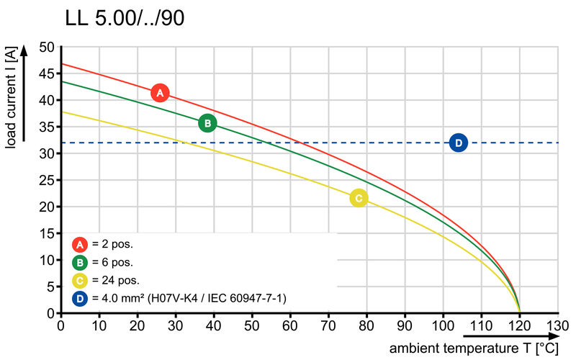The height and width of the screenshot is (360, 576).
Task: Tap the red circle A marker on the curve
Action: [x=160, y=93]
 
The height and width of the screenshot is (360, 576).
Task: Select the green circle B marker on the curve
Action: [x=207, y=123]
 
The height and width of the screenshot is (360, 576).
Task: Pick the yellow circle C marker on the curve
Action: [x=359, y=198]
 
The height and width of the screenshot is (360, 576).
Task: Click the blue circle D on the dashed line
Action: [x=459, y=143]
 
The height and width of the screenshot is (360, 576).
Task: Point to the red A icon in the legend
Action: [x=80, y=244]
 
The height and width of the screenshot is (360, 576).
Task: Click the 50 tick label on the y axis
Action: [x=47, y=48]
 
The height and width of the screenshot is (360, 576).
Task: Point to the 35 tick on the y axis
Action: [x=47, y=127]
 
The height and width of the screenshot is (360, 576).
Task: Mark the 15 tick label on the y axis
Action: [x=47, y=234]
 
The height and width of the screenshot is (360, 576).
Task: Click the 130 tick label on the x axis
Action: [x=558, y=325]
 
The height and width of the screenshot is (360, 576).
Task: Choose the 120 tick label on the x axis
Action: [x=519, y=325]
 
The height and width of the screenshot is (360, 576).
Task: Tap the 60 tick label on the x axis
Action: [x=290, y=325]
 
